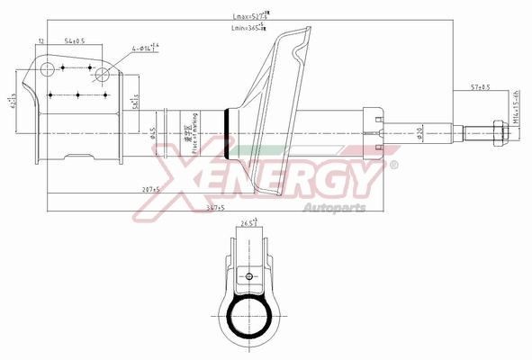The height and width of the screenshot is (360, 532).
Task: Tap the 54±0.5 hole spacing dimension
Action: [74, 41]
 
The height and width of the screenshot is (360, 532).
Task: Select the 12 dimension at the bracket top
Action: [41, 41]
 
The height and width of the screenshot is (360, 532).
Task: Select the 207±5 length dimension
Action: [149, 190]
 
